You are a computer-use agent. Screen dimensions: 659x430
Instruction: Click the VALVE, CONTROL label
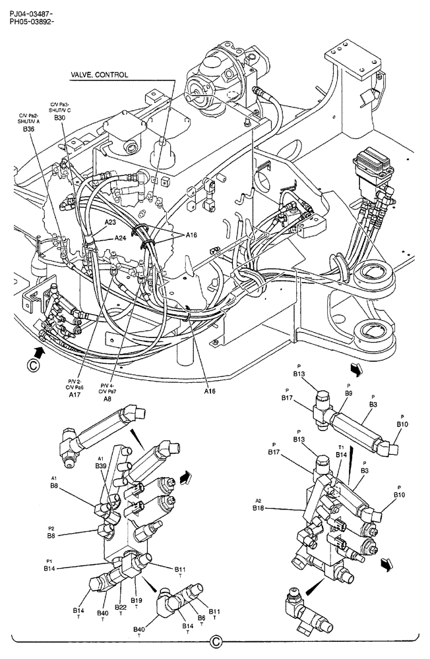pos(99,75)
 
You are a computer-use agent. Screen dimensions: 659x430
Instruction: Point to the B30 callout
pos(60,118)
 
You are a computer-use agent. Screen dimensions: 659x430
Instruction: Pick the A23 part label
pos(109,223)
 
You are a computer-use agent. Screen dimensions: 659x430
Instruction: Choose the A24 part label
pos(121,238)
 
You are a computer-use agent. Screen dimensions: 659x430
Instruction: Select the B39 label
pos(101,465)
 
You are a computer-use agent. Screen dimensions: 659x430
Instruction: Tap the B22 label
pos(121,607)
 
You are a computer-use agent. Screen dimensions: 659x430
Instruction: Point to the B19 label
pos(136,600)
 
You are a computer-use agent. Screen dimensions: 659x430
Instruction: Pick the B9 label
pos(348,393)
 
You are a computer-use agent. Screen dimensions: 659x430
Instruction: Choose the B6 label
pos(202,617)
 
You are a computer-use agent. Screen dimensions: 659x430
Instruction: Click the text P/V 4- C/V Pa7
pos(107,388)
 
